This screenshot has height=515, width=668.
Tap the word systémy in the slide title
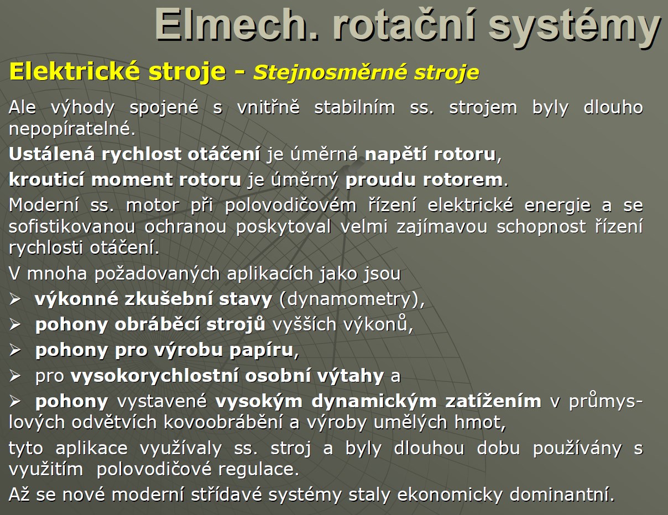click(x=574, y=27)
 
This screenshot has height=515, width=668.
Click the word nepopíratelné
click(x=72, y=129)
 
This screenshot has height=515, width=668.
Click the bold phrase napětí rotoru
click(x=430, y=155)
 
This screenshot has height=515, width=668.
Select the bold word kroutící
click(x=46, y=180)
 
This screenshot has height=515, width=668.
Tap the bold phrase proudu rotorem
click(x=424, y=180)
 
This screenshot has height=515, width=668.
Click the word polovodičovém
click(x=290, y=206)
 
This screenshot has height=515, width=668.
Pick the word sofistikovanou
click(x=72, y=227)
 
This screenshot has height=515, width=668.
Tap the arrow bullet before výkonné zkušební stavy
click(x=15, y=299)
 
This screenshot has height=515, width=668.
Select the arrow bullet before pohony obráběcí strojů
click(x=15, y=324)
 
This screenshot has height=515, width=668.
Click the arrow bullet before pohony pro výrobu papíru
click(x=15, y=350)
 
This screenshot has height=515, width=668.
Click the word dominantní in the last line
click(x=562, y=495)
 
